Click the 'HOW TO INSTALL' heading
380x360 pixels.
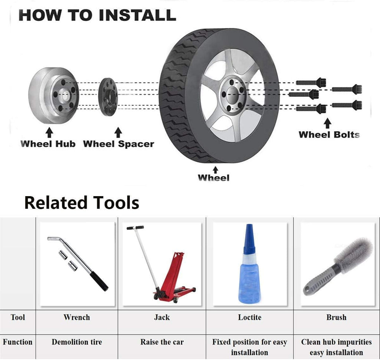click(x=97, y=15)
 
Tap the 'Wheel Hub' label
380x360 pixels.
click(x=48, y=144)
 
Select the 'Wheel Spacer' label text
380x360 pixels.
click(x=118, y=144)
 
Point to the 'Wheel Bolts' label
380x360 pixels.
click(x=329, y=135)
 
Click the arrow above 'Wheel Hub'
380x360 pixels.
click(x=49, y=133)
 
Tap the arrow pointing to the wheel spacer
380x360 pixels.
click(x=118, y=132)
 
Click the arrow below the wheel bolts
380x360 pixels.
click(x=328, y=123)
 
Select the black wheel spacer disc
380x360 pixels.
click(x=108, y=97)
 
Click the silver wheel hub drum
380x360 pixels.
click(x=53, y=95)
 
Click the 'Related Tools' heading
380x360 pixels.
click(x=82, y=203)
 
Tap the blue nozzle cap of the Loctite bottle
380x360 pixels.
click(x=249, y=239)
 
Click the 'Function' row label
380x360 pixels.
click(x=18, y=342)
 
